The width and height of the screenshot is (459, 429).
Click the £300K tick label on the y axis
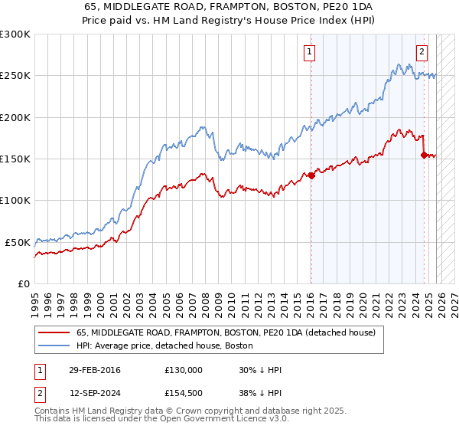click(15, 34)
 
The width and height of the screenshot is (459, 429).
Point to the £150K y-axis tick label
click(15, 159)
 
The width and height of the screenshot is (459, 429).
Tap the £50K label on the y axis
click(18, 242)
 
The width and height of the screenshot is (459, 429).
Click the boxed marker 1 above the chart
click(309, 52)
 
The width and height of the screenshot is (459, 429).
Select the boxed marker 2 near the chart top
click(422, 52)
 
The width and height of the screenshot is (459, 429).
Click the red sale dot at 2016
click(311, 175)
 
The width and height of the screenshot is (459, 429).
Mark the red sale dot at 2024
click(424, 155)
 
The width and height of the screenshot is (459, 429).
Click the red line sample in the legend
click(55, 333)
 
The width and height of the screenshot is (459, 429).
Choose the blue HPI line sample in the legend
click(55, 346)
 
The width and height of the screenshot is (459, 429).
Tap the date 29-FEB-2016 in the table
click(94, 370)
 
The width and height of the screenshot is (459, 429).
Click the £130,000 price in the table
click(183, 370)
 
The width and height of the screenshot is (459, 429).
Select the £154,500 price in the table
click(183, 392)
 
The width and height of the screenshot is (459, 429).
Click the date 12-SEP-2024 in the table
click(94, 392)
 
